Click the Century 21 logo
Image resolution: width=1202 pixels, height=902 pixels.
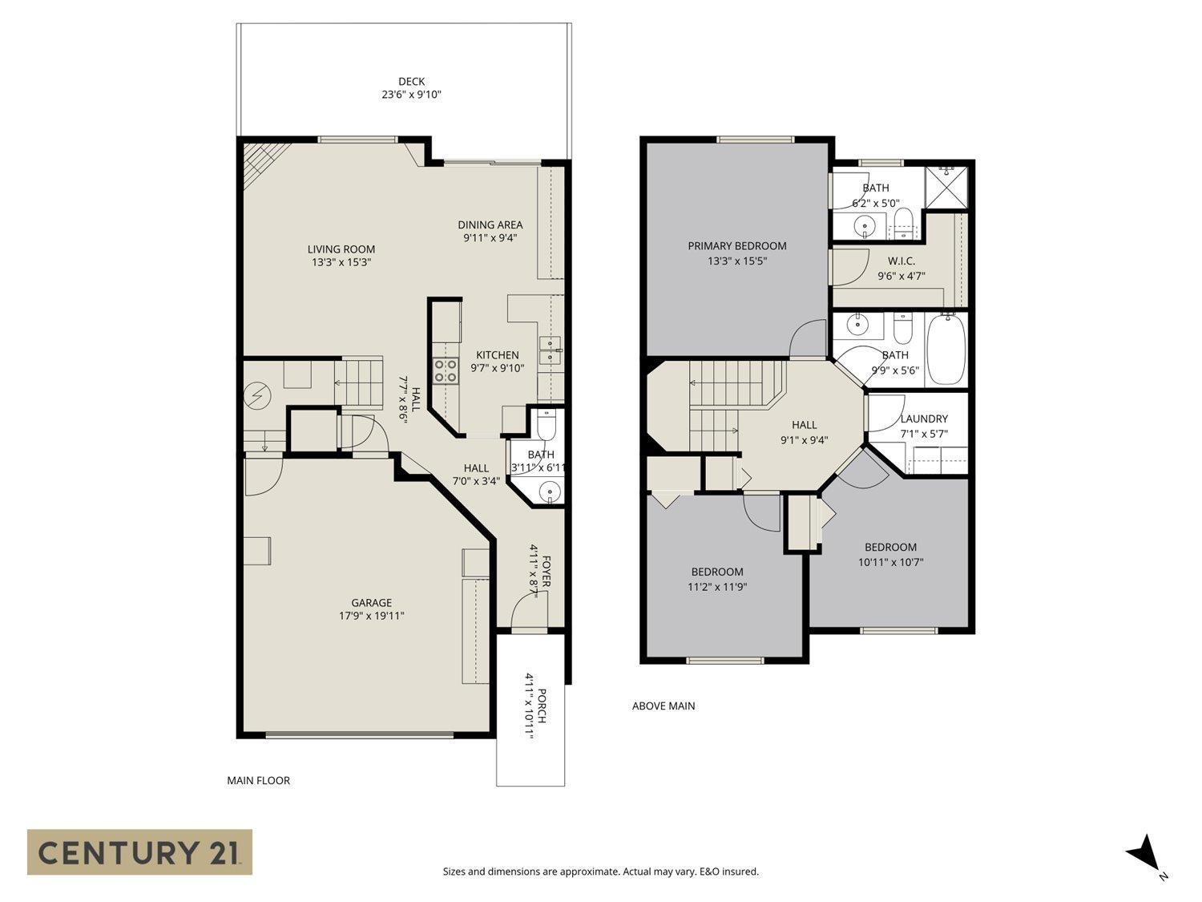(139, 851)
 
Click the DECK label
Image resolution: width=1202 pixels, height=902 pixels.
(411, 82)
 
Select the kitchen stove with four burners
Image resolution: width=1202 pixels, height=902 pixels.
(446, 370)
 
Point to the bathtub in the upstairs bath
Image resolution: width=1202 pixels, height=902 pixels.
(946, 350)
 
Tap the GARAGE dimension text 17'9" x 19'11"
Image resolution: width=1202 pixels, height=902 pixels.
(371, 617)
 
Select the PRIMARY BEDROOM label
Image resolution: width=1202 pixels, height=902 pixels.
(736, 246)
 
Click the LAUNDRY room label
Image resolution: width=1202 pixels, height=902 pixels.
(923, 419)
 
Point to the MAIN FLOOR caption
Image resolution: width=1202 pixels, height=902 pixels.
(258, 780)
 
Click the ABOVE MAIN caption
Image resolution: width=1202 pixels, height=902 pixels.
(663, 706)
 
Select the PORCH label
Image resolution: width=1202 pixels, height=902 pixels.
(543, 706)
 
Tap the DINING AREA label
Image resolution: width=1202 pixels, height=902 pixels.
(490, 225)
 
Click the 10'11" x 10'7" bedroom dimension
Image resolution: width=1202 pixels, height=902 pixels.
(890, 562)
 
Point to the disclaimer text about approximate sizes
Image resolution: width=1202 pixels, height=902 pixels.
(600, 872)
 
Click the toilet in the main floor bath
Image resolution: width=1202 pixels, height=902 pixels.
(546, 426)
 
